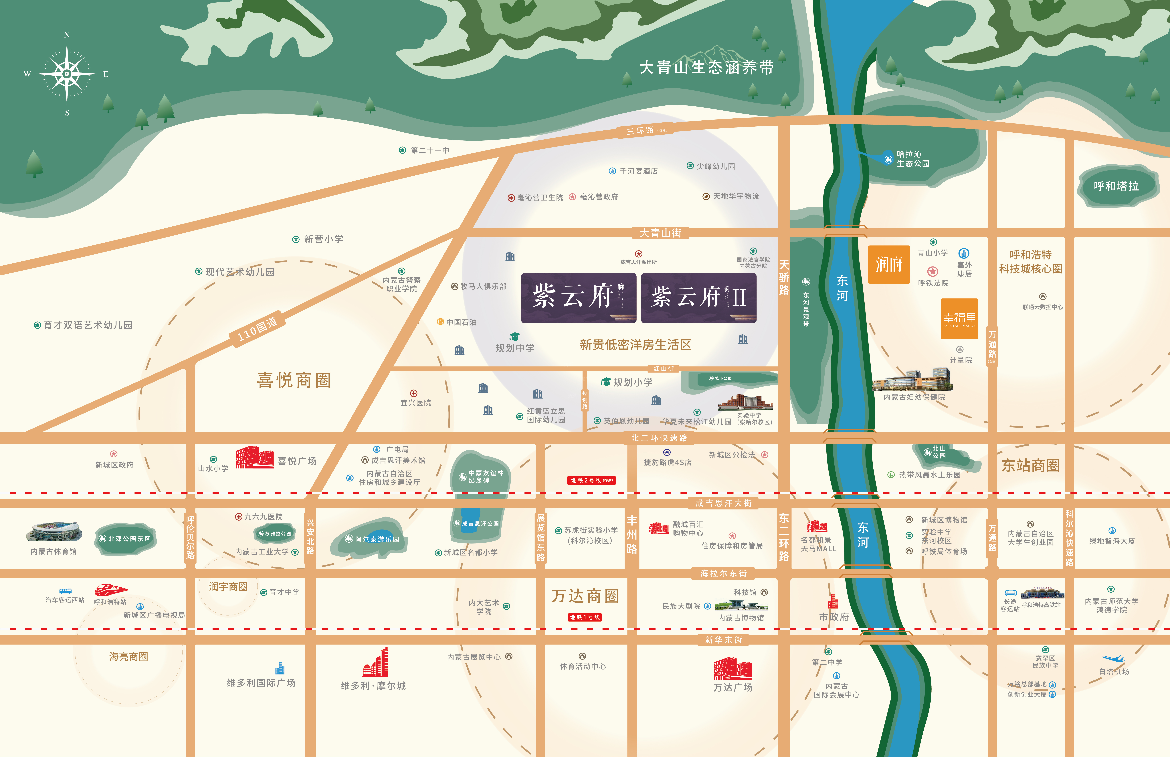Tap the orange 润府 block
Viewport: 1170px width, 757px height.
click(889, 264)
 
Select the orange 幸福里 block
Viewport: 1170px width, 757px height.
click(959, 319)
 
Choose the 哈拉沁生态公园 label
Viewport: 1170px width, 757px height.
click(913, 159)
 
